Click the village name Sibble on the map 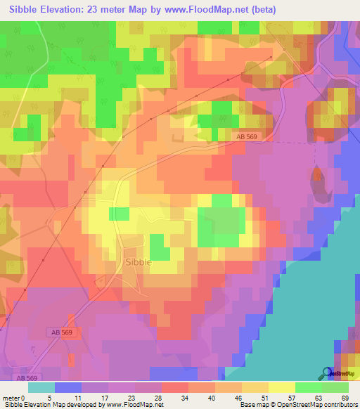coord(137,262)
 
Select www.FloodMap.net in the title coord(214,10)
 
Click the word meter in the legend coord(12,397)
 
